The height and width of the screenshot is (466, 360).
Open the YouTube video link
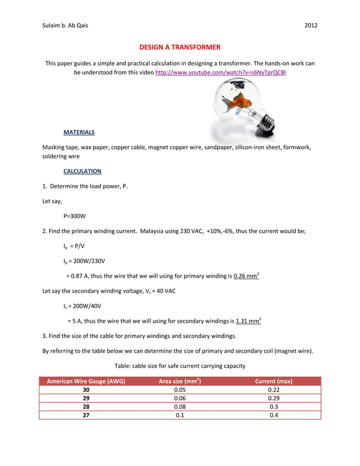click(x=220, y=73)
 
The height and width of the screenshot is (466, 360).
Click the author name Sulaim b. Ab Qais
click(x=65, y=26)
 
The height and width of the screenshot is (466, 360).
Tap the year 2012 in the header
click(x=311, y=26)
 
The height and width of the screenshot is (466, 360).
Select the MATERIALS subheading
click(x=79, y=132)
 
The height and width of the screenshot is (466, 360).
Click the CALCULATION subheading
click(x=82, y=171)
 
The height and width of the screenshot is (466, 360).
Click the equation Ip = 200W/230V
click(x=84, y=261)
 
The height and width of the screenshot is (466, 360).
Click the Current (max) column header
click(x=274, y=381)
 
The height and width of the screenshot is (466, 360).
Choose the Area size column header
click(x=180, y=381)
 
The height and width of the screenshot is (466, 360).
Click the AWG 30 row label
click(x=86, y=390)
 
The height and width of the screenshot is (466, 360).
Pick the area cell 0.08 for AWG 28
click(x=180, y=406)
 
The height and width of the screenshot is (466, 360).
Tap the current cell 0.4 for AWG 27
click(x=274, y=415)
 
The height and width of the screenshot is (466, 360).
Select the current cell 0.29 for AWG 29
click(x=274, y=398)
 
